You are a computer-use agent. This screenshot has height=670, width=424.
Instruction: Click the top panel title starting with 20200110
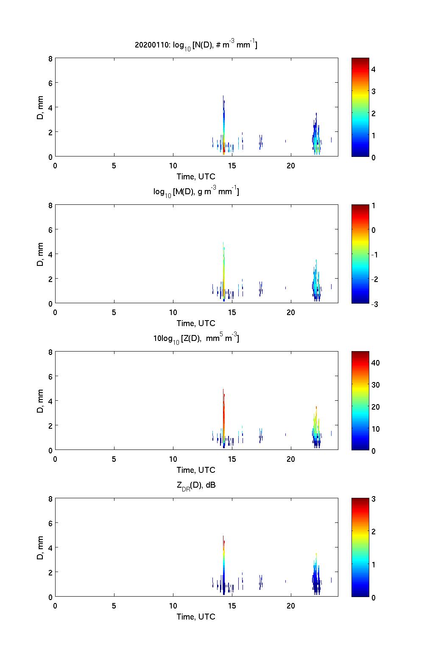[x=196, y=45]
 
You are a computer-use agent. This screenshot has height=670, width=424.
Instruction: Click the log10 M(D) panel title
[x=196, y=192]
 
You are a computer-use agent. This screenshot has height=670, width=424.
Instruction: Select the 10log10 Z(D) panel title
[x=196, y=338]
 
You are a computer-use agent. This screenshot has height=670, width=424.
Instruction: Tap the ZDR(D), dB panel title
[x=196, y=485]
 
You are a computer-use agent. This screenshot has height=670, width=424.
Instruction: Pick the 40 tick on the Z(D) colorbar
[x=375, y=363]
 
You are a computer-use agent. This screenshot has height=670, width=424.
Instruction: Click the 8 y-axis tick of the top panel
[x=50, y=59]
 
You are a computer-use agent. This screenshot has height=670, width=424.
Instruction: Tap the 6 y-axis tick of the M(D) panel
[x=50, y=229]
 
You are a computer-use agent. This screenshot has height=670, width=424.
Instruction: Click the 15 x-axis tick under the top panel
[x=232, y=165]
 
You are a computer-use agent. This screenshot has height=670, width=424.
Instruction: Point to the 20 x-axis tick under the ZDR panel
[x=291, y=606]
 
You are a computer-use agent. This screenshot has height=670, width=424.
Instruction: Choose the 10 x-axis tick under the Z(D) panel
[x=173, y=459]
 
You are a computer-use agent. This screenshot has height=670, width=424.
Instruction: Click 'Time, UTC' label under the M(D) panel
[x=196, y=323]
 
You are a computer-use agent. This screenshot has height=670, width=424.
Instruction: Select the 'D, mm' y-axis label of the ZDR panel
[x=40, y=547]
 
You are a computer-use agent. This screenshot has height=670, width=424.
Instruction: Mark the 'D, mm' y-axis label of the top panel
[x=40, y=107]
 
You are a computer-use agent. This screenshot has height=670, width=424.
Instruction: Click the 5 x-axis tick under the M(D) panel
[x=114, y=312]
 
